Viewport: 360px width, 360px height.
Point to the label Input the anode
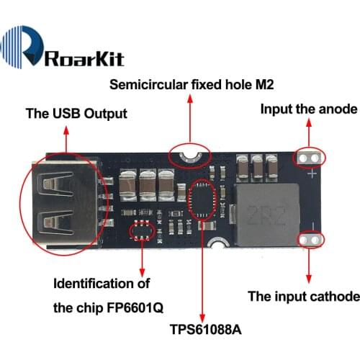click(x=308, y=109)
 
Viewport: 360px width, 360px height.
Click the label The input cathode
click(x=303, y=296)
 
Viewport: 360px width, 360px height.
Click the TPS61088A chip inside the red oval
click(x=202, y=198)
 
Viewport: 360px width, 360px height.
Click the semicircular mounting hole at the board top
click(x=189, y=153)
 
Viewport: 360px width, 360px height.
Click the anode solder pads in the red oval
click(x=311, y=156)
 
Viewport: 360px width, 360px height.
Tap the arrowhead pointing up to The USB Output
click(x=66, y=130)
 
